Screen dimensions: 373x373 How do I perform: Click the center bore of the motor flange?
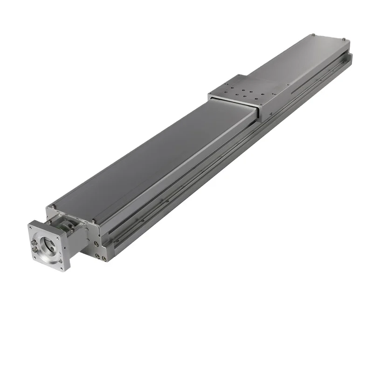tap(48, 246)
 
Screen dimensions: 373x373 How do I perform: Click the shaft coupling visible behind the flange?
tap(68, 226)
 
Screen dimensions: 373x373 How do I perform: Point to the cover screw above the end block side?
tap(94, 221)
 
